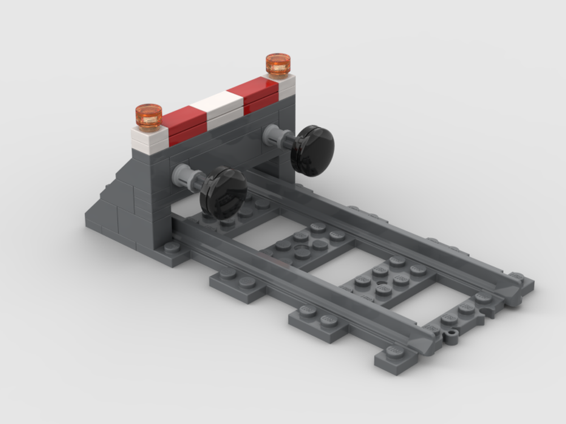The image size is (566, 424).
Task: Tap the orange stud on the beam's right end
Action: (278, 64)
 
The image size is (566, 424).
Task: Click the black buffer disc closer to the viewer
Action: (224, 192)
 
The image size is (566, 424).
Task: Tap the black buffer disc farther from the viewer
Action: (312, 149)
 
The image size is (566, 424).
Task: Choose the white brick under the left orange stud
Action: (149, 139)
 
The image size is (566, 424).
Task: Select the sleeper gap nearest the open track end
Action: (419, 305)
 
